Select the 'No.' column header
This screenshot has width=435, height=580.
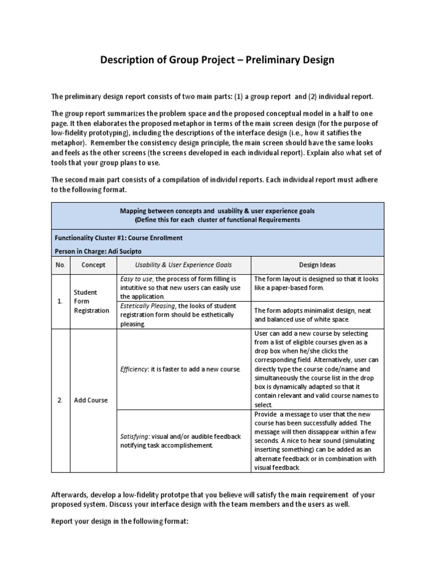[60, 265]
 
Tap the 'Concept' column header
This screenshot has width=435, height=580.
[93, 265]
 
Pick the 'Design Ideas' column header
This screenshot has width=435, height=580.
[317, 265]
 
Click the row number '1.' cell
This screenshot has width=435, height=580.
[60, 301]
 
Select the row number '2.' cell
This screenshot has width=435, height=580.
[60, 400]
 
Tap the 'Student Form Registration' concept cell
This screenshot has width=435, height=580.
[91, 301]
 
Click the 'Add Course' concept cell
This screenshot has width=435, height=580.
[91, 400]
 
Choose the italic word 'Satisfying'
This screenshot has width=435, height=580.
[133, 436]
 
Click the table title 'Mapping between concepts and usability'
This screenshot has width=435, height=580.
[217, 210]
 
